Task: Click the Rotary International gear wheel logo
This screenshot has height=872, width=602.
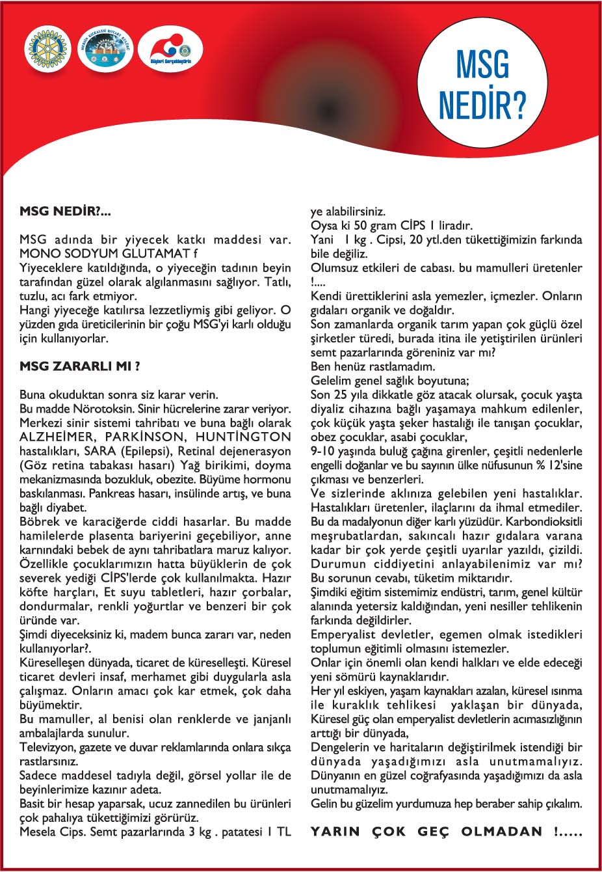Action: coord(47,49)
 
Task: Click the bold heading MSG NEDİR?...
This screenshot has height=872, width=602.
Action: coord(66,211)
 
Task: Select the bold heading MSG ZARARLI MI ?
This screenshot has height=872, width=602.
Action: coord(80,366)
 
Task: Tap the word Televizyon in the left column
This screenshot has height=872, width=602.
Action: coord(49,747)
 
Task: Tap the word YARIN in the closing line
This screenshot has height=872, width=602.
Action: coord(337,832)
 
